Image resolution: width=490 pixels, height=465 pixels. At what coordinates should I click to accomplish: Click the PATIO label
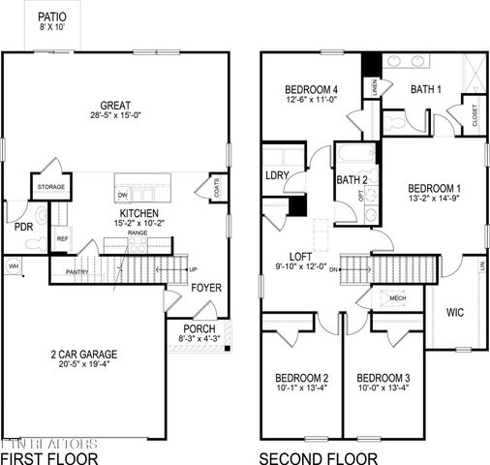pos(52,16)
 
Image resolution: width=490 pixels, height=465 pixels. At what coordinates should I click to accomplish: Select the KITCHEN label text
pos(134,213)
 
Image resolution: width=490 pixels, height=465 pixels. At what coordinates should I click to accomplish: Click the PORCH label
pos(199,329)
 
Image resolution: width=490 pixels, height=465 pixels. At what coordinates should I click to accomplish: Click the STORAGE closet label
pos(51,186)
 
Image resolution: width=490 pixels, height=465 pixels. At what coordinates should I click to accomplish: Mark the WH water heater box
pos(14,265)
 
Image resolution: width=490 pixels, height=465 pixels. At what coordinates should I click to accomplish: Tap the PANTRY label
pos(78,272)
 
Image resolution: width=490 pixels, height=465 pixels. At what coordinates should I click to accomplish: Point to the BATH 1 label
pos(427,89)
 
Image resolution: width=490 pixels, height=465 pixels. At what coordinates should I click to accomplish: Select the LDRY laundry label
pos(279,175)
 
